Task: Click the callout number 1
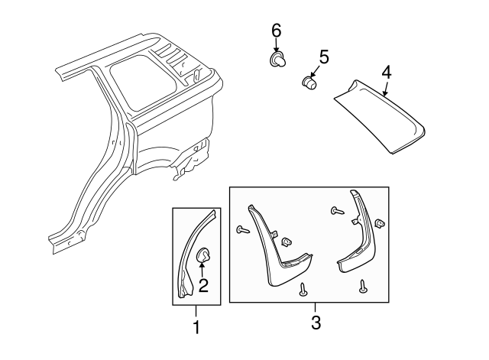pos(196,329)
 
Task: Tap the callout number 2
pos(203,286)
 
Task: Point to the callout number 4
pos(387,73)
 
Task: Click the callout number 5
pos(323,57)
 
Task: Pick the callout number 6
pos(276,31)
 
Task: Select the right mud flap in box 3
pos(358,237)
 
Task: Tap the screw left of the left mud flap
pos(244,229)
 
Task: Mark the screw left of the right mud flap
pos(335,210)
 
